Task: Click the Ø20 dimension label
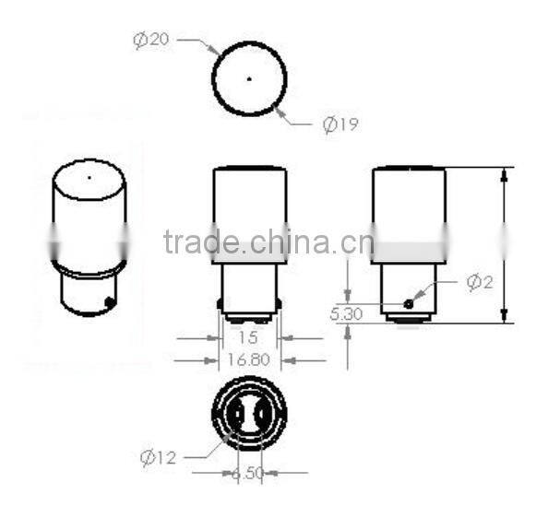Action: [x=152, y=40]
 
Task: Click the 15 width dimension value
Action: [x=248, y=338]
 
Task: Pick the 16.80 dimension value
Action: [x=248, y=359]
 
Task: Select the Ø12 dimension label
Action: [x=158, y=456]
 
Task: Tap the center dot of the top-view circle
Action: [x=249, y=78]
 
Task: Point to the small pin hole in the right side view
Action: [x=409, y=303]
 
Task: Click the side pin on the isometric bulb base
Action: [x=111, y=300]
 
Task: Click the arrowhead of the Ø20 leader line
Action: [x=217, y=52]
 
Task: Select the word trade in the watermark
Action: [x=198, y=243]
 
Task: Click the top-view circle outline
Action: [x=213, y=78]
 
